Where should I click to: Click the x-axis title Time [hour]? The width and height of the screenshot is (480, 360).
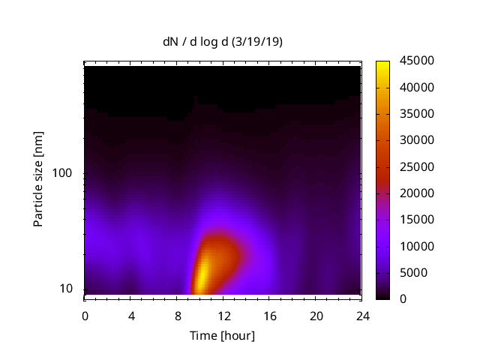(x=222, y=335)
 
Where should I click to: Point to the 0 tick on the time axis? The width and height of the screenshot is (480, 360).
(x=85, y=316)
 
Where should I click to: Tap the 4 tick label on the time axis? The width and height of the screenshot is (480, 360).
(x=131, y=316)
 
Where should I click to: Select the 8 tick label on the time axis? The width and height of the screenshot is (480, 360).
(x=177, y=316)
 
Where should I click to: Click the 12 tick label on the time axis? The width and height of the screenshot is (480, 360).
(x=223, y=316)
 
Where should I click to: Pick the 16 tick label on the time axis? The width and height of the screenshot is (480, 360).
(x=269, y=316)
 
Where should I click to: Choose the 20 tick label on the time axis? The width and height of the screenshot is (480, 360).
(x=316, y=316)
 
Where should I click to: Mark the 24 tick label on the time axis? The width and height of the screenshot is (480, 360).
(x=361, y=316)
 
